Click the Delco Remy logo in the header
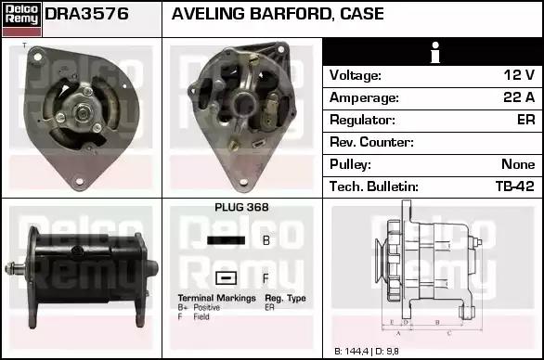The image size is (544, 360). click(x=21, y=19)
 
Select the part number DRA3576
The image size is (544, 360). click(x=86, y=14)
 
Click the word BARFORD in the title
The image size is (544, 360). click(x=290, y=14)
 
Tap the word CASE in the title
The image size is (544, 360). click(x=361, y=14)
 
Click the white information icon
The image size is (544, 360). click(x=435, y=52)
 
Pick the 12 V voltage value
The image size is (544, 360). click(x=519, y=75)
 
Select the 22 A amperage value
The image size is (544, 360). click(x=519, y=97)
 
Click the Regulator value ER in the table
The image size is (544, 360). click(x=526, y=120)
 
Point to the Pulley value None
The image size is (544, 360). click(x=518, y=164)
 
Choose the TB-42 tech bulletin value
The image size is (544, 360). click(x=515, y=186)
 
